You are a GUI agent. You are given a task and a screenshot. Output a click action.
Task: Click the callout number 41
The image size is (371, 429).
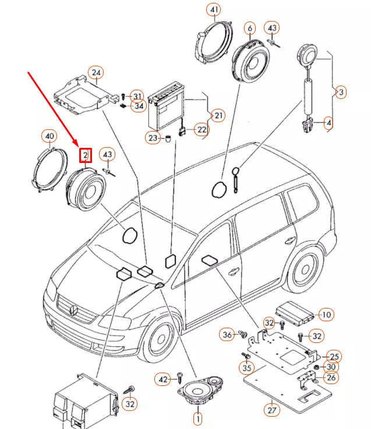[215, 10]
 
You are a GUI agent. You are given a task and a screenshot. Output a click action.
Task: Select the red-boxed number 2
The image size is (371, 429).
[86, 155]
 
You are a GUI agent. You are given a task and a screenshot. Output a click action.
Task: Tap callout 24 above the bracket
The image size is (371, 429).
[96, 73]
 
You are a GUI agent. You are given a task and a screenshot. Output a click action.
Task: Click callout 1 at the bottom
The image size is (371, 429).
[197, 417]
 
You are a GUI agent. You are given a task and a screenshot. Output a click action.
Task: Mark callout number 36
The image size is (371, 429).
[227, 334]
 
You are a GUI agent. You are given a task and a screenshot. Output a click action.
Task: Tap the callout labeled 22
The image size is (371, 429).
[201, 129]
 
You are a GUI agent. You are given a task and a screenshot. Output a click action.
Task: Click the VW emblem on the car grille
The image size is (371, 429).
[74, 307]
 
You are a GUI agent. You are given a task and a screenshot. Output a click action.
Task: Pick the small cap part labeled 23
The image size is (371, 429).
[168, 138]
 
